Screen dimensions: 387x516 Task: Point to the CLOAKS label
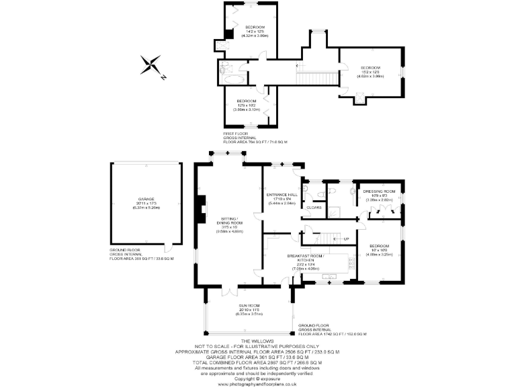tap(314, 208)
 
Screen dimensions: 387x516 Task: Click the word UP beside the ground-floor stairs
tap(346, 239)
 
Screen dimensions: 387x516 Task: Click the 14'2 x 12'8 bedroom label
tap(255, 30)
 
